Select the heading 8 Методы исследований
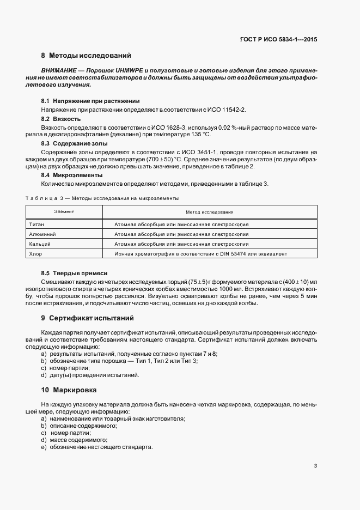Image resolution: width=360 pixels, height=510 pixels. [86, 56]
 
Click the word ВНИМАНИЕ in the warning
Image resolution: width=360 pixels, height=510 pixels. [57, 71]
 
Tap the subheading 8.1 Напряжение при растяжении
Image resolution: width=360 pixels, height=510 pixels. [83, 101]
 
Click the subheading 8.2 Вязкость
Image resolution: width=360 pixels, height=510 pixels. [61, 118]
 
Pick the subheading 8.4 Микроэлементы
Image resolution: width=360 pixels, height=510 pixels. [69, 175]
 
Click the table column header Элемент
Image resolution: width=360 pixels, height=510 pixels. [64, 211]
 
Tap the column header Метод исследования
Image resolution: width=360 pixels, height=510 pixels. [209, 211]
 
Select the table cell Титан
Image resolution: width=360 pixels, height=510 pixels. [36, 224]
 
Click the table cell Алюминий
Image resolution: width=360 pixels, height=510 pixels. [41, 234]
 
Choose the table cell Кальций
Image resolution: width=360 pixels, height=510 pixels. [39, 244]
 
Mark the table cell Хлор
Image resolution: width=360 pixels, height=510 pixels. [35, 253]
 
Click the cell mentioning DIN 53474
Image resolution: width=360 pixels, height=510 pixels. [200, 253]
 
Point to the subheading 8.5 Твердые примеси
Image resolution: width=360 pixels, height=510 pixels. [74, 272]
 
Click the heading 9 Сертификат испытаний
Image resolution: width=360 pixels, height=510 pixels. [87, 318]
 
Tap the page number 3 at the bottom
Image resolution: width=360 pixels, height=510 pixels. [316, 466]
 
